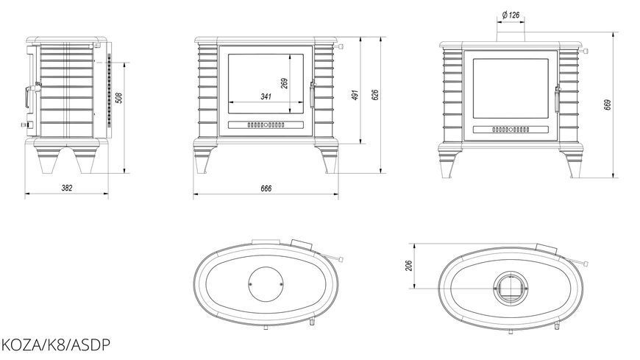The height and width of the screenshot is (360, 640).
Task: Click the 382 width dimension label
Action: point(67,188)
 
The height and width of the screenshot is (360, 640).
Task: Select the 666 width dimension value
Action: point(266,188)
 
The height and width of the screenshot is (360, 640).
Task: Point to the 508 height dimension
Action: point(119,98)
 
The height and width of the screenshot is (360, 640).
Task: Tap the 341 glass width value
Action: point(266,97)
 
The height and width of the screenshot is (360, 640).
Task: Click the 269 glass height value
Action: point(285,83)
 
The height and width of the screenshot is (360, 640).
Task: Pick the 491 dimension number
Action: point(355,95)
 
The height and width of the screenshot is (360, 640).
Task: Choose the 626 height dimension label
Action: point(375,95)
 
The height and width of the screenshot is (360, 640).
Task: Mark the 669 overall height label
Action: point(608,105)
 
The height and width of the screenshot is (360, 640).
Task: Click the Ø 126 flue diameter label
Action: point(511,15)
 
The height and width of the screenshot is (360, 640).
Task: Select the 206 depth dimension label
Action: point(410,266)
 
